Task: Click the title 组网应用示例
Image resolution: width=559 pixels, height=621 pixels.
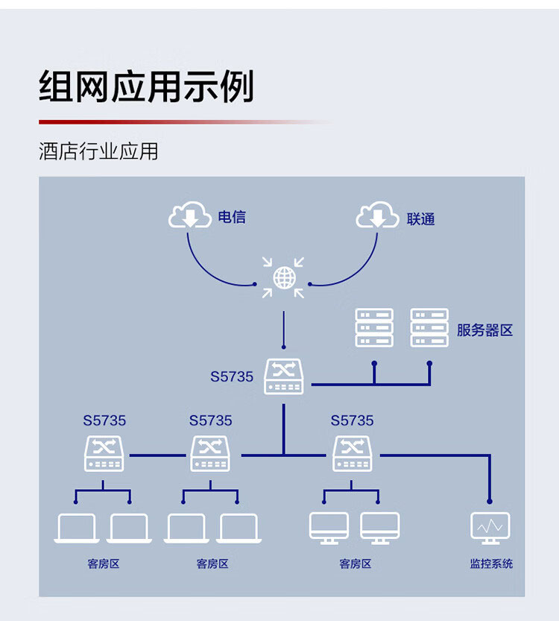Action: (146, 86)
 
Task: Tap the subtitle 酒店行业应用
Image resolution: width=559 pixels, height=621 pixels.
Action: (98, 151)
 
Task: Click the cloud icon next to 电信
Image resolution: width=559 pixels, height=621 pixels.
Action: (189, 217)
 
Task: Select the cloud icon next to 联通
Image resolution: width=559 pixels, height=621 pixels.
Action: (378, 217)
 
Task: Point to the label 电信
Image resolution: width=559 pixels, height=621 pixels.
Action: (232, 218)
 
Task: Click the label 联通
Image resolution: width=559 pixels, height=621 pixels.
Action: (421, 219)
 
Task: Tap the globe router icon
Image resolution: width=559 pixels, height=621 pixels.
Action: (284, 278)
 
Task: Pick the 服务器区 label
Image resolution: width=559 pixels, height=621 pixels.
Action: (484, 330)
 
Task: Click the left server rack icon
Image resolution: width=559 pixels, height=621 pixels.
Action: (374, 328)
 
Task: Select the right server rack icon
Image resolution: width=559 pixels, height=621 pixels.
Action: (429, 328)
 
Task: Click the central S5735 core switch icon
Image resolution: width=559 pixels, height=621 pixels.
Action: (284, 376)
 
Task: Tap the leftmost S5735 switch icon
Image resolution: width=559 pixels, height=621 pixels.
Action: (104, 453)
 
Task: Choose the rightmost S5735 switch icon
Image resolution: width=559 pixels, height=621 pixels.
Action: (352, 453)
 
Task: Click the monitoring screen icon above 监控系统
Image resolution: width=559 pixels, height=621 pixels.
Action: (490, 527)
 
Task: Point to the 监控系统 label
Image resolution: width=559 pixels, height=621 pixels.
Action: (491, 564)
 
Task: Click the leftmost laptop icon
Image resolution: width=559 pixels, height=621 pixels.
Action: (76, 528)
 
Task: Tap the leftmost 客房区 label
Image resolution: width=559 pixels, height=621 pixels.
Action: (104, 564)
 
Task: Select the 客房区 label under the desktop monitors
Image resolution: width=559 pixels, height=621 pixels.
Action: (355, 564)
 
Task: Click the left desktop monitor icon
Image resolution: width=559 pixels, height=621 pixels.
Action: (329, 527)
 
